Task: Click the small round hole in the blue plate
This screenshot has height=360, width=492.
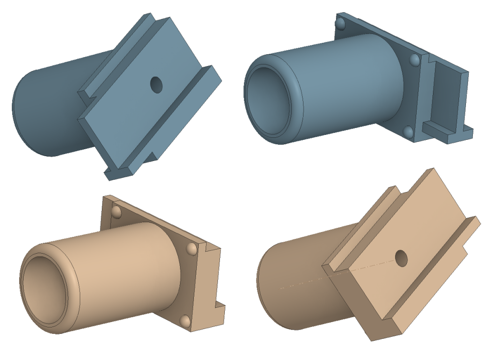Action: [x=156, y=84]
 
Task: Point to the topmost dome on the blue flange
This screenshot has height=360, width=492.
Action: [x=339, y=24]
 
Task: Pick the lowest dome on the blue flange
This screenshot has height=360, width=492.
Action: [x=408, y=131]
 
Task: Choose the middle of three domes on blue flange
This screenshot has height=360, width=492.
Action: [x=414, y=60]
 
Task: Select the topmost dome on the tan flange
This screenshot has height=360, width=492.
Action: [x=117, y=212]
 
